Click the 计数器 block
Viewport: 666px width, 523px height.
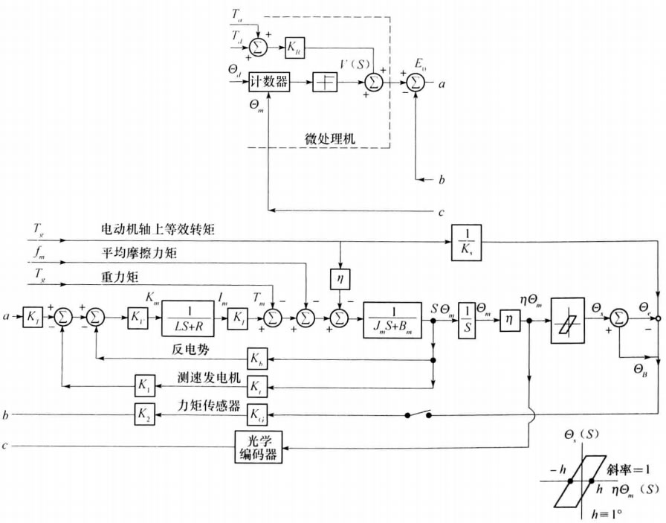[268, 83]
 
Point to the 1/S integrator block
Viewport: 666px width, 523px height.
[467, 317]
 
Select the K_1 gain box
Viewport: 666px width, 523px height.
[143, 385]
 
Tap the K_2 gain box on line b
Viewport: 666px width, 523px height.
[143, 414]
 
